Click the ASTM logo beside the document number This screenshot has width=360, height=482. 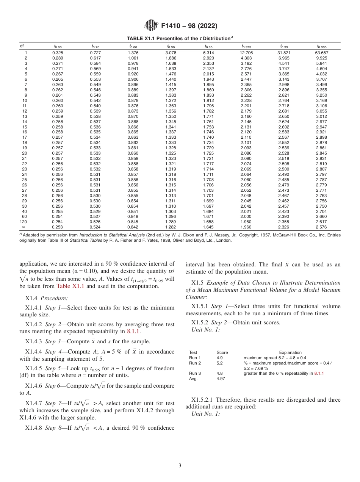point(152,26)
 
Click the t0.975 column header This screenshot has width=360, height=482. point(246,47)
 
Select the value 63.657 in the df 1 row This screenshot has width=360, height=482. point(321,52)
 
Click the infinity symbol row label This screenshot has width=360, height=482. point(23,227)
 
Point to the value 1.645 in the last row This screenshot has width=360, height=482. point(208,227)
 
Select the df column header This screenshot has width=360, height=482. point(22,47)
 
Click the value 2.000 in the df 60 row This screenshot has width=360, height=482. point(246,216)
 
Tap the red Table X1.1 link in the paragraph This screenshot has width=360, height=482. point(70,286)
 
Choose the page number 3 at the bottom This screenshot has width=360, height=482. point(180,466)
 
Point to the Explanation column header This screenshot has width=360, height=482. point(290,352)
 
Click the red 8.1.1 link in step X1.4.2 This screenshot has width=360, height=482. point(134,331)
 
